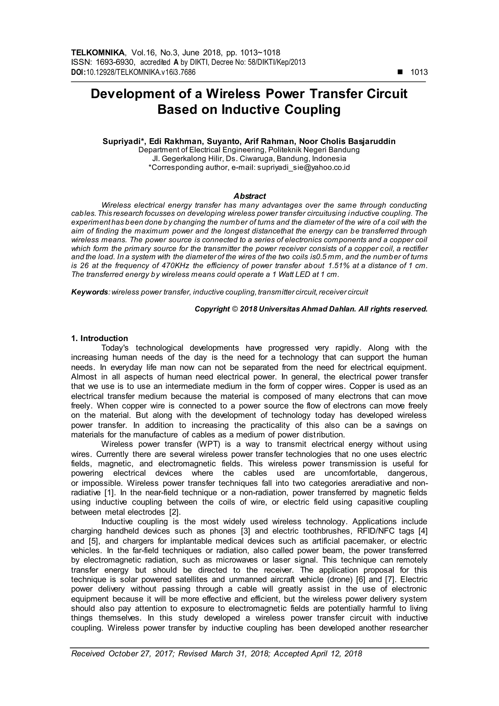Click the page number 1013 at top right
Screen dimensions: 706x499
419,72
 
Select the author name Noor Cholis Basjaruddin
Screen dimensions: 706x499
347,141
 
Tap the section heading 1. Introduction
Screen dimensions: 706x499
100,339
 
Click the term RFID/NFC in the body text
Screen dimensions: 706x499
376,531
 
